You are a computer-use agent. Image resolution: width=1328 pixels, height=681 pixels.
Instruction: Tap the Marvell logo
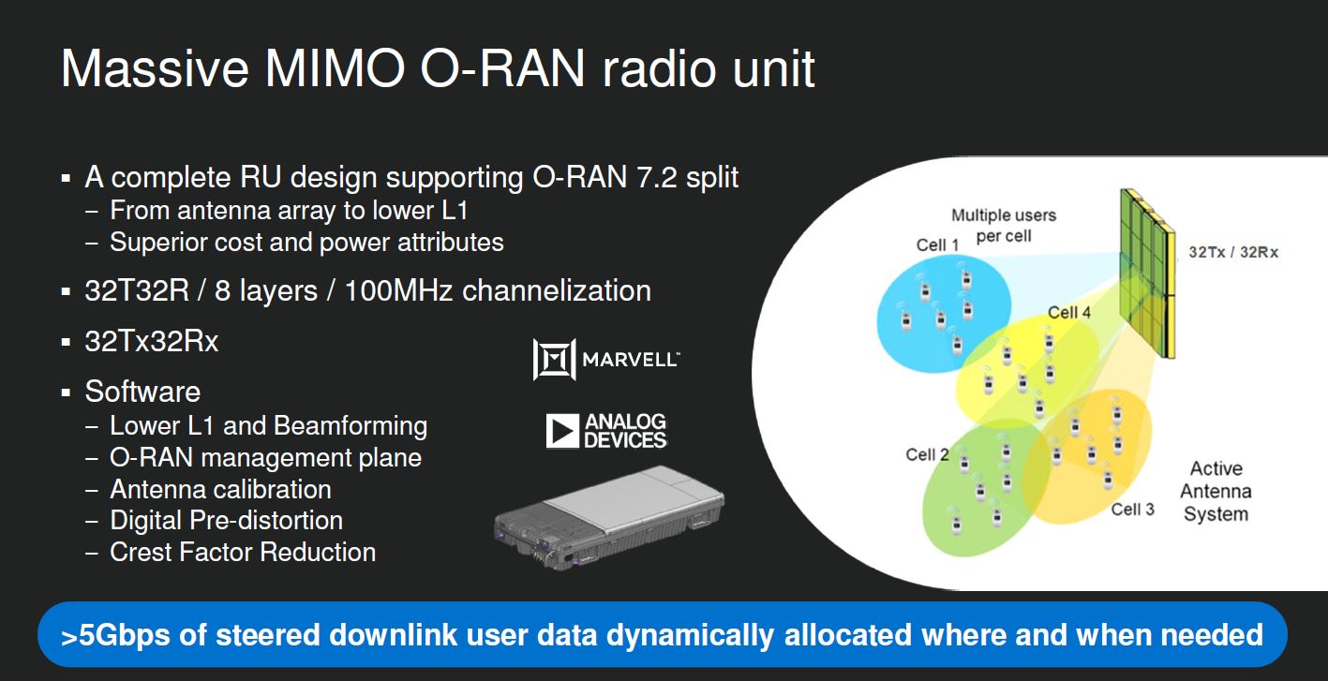(x=606, y=359)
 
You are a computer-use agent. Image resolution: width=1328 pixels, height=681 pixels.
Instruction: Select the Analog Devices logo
(x=606, y=431)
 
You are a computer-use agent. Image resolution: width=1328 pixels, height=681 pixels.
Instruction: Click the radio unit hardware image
(x=609, y=518)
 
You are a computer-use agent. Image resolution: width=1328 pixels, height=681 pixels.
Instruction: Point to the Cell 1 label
(x=937, y=244)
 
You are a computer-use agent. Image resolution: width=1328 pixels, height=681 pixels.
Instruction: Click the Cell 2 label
(x=927, y=454)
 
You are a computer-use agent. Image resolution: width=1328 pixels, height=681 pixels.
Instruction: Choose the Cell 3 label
(x=1132, y=510)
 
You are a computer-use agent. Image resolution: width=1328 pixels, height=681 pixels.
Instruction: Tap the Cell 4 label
(x=1069, y=312)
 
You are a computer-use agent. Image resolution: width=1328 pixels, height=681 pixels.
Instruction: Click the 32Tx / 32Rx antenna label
(x=1233, y=252)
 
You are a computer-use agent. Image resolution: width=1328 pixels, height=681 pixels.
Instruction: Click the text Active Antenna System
(x=1216, y=492)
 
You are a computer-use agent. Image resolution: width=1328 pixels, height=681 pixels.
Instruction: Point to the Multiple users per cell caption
(x=1004, y=225)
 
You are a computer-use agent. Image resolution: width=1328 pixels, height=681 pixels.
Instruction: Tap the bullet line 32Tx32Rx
(x=151, y=341)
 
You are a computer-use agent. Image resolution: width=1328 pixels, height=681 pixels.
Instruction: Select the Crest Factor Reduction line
(x=243, y=553)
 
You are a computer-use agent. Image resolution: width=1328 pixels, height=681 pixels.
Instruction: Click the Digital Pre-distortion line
(x=226, y=521)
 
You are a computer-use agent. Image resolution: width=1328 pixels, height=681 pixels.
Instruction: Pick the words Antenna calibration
(x=220, y=490)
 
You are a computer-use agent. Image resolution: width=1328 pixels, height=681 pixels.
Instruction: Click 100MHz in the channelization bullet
(x=398, y=291)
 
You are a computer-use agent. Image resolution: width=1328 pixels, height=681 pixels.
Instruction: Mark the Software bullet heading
(x=142, y=392)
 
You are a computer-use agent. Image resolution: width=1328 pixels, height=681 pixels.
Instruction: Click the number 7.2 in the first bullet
(x=656, y=177)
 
